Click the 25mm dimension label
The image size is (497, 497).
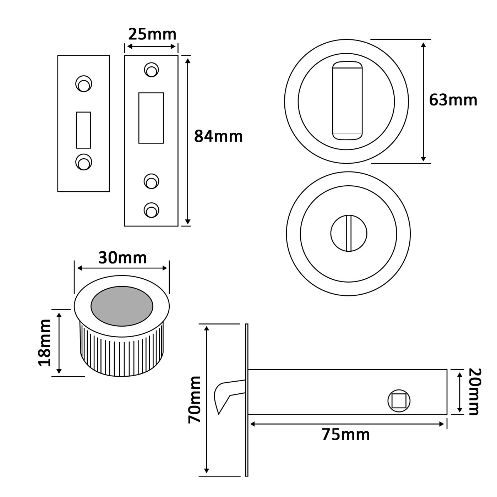[152, 34]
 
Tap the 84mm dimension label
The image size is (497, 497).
[218, 137]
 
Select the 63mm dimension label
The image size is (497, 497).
[453, 100]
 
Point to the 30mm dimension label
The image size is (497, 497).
[122, 258]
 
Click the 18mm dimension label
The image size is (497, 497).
[45, 342]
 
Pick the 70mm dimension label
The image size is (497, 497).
[195, 400]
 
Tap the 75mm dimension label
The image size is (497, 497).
[346, 435]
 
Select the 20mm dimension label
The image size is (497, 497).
[474, 392]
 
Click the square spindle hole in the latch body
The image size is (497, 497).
[399, 401]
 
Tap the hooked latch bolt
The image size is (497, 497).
[224, 394]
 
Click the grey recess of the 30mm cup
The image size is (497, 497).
[122, 306]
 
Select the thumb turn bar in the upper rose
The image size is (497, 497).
[347, 100]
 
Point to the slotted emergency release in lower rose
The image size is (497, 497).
[349, 233]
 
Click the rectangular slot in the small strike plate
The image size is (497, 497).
[83, 130]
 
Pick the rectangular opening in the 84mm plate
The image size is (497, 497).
[151, 118]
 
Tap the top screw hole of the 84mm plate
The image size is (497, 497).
[151, 70]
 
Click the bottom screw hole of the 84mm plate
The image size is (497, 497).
[151, 210]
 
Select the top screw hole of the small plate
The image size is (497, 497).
[84, 84]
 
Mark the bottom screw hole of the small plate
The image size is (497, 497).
[84, 162]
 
